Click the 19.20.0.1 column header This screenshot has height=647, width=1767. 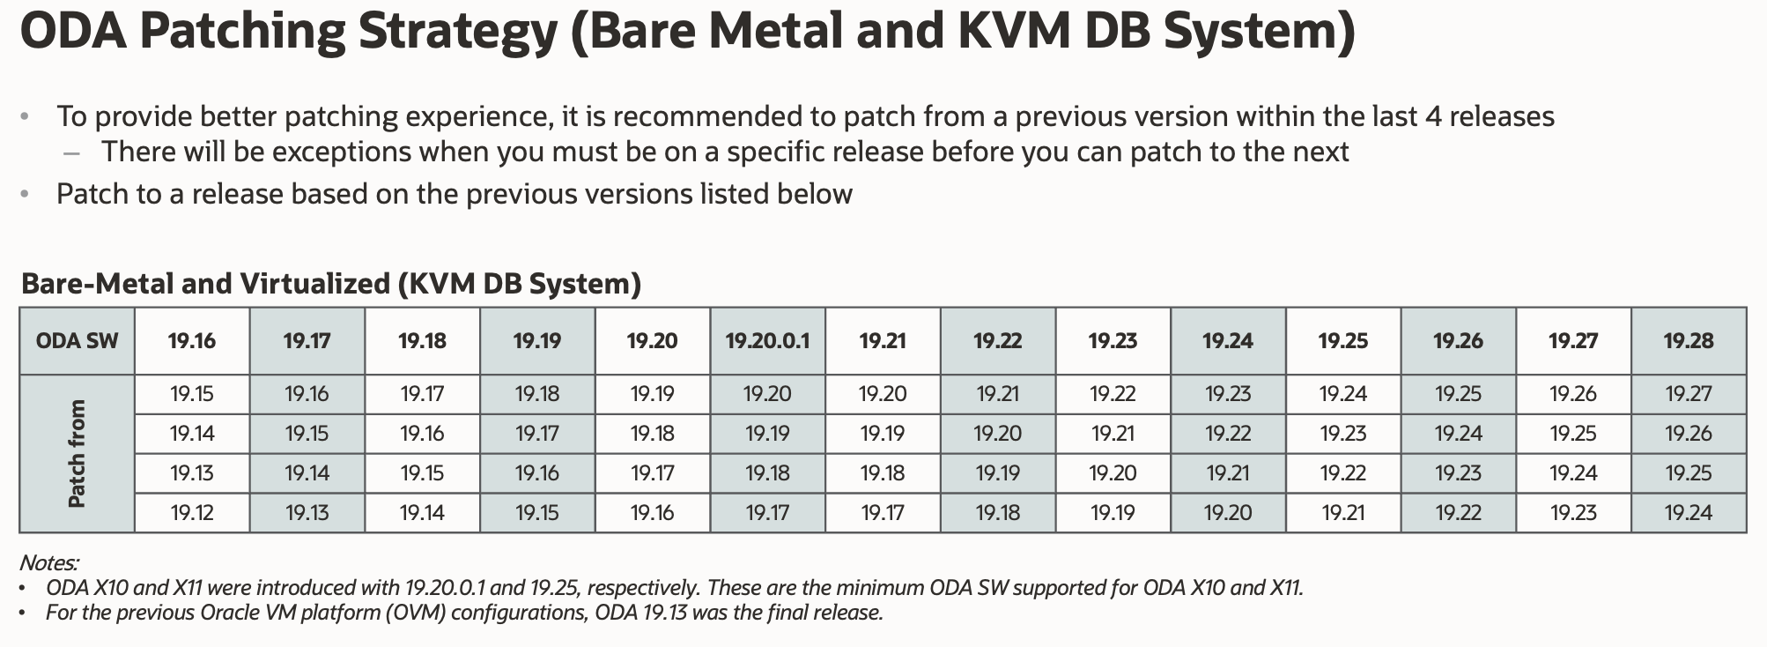click(767, 341)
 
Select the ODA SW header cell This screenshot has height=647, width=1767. click(77, 341)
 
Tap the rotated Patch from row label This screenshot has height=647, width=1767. click(77, 454)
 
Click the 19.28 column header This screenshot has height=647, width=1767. click(1688, 341)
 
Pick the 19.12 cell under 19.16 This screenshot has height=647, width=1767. click(192, 513)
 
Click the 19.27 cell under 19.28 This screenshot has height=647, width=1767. click(1688, 394)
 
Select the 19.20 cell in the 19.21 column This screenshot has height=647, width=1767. click(883, 394)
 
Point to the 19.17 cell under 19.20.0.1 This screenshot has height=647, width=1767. click(767, 513)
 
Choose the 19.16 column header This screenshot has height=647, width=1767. click(192, 341)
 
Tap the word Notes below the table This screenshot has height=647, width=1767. click(48, 562)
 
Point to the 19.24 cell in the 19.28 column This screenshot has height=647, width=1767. click(1688, 513)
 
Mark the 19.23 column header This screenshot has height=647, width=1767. click(1113, 341)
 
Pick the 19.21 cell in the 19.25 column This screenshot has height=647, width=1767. click(1342, 513)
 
